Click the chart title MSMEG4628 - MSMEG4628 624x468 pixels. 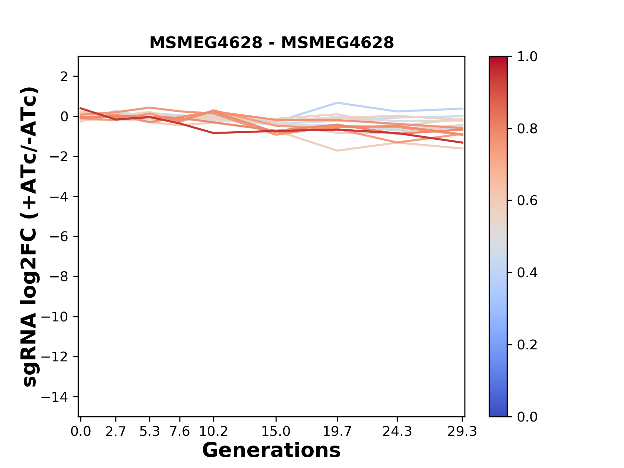[x=271, y=43]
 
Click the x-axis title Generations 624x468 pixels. [x=271, y=450]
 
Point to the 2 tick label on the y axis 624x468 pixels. [x=64, y=77]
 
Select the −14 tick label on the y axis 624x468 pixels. [x=59, y=397]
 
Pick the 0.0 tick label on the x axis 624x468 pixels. [x=81, y=432]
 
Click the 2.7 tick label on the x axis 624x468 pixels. [x=116, y=432]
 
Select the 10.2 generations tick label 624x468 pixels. [x=213, y=432]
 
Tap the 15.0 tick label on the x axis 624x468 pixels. [x=276, y=432]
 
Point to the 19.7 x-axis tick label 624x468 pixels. [x=337, y=432]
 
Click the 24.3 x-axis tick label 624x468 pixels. [x=397, y=432]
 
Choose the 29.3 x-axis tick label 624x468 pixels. [x=462, y=432]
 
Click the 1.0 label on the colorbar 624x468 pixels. [x=527, y=57]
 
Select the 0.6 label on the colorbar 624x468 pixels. [x=527, y=201]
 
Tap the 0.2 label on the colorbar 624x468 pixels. [x=527, y=345]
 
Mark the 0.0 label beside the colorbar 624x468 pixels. [x=527, y=417]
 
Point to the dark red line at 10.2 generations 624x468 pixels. [x=213, y=133]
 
